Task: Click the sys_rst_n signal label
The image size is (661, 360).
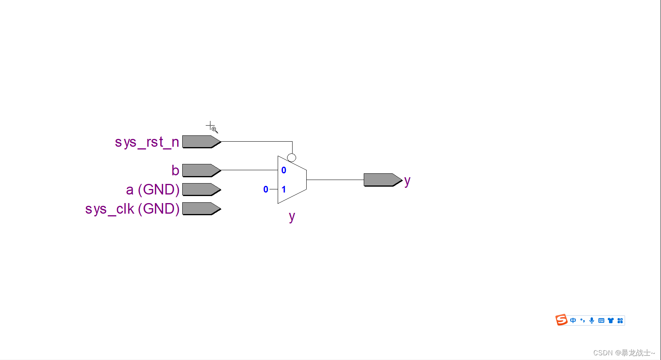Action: pyautogui.click(x=147, y=142)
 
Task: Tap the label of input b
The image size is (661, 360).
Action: pyautogui.click(x=175, y=171)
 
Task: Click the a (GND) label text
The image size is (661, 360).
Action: pyautogui.click(x=153, y=190)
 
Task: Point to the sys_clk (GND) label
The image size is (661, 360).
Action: pyautogui.click(x=132, y=209)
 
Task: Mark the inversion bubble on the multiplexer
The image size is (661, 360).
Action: pyautogui.click(x=291, y=158)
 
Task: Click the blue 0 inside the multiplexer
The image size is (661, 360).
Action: pyautogui.click(x=284, y=170)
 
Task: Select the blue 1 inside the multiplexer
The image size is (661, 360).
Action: pyautogui.click(x=284, y=189)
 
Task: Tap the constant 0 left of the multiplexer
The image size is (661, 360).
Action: pyautogui.click(x=266, y=189)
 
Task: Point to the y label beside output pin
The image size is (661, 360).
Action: pyautogui.click(x=407, y=181)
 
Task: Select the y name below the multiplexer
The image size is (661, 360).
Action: pyautogui.click(x=292, y=216)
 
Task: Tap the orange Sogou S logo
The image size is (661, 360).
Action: pyautogui.click(x=561, y=320)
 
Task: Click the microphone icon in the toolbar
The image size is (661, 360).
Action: pyautogui.click(x=592, y=320)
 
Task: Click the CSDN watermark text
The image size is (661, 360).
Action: pyautogui.click(x=624, y=353)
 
